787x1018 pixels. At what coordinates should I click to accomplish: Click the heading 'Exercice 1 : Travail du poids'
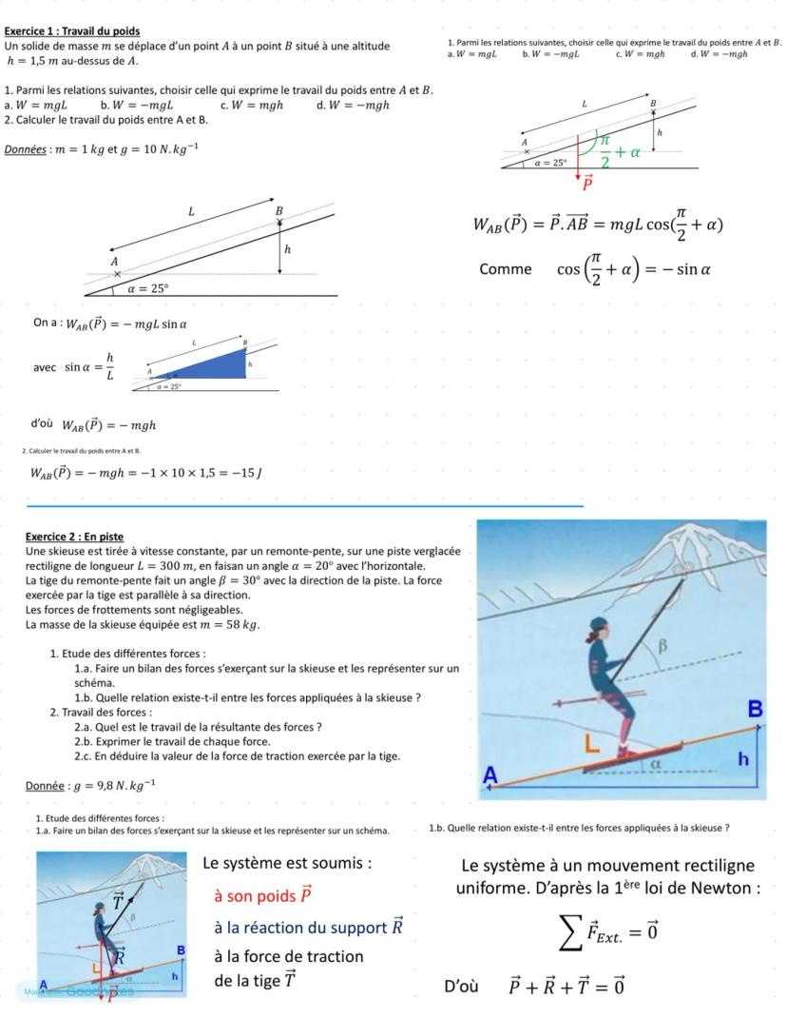point(71,31)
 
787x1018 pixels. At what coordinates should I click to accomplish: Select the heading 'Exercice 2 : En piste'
point(74,537)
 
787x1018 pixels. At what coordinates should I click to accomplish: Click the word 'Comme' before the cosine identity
point(506,269)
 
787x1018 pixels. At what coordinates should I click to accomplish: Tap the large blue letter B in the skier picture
point(756,709)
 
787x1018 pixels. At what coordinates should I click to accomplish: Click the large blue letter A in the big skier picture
point(490,775)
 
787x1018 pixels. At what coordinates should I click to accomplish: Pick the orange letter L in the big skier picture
point(591,747)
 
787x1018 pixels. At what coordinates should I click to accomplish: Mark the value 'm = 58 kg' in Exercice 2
point(226,624)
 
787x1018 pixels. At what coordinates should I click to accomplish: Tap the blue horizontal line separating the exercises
point(304,507)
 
